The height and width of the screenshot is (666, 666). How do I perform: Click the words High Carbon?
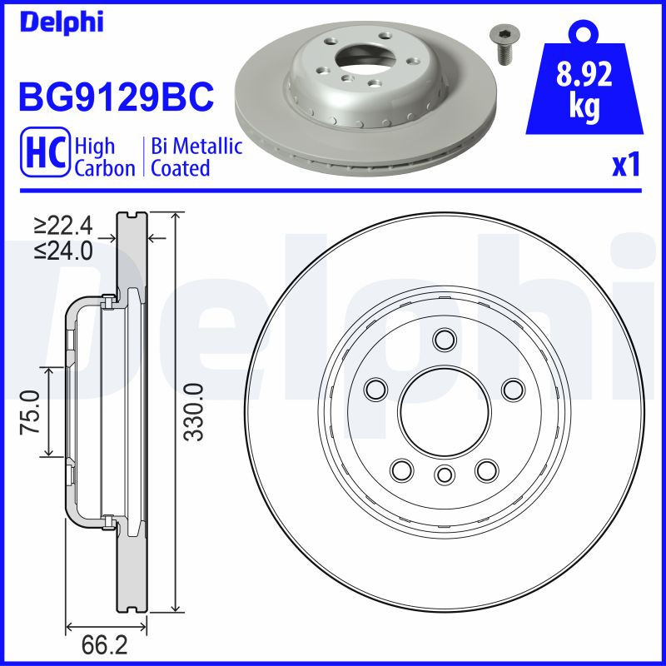(104, 157)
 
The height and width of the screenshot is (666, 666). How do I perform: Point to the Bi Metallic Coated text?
(196, 157)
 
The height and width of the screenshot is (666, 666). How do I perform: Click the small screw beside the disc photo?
(503, 43)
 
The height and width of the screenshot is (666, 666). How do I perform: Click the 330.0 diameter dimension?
(193, 411)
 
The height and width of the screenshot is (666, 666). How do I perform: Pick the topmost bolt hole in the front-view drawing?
(445, 339)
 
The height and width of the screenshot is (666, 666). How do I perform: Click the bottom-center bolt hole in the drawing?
(445, 475)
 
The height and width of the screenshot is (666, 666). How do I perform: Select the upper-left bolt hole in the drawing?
(377, 388)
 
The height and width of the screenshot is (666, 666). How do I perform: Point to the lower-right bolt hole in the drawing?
(485, 470)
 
